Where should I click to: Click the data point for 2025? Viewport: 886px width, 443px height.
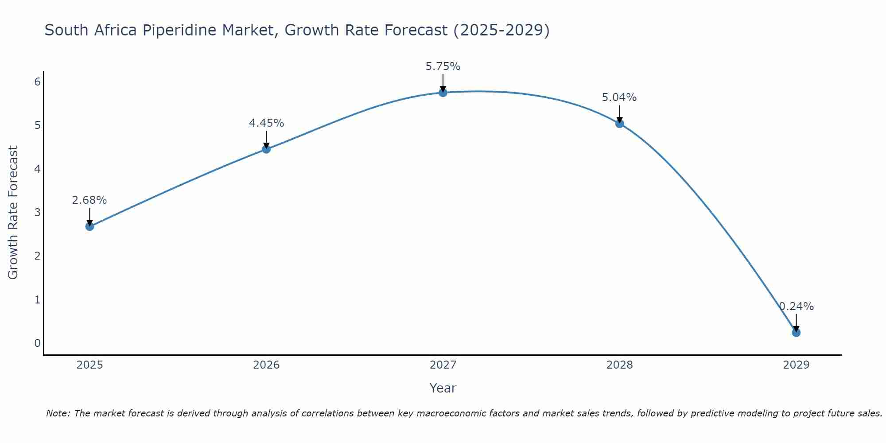pyautogui.click(x=89, y=226)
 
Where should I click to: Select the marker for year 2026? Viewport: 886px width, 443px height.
pyautogui.click(x=266, y=149)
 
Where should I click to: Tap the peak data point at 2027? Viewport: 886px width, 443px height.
pyautogui.click(x=443, y=93)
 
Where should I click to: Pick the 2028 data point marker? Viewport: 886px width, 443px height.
pyautogui.click(x=619, y=124)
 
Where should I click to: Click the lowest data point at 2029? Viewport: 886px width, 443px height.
pyautogui.click(x=796, y=333)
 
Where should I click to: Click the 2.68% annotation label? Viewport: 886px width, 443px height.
pyautogui.click(x=89, y=200)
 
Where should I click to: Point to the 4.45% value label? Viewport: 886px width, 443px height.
pyautogui.click(x=266, y=123)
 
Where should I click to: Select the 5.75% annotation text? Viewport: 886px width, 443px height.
pyautogui.click(x=443, y=66)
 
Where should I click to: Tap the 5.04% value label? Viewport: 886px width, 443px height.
pyautogui.click(x=619, y=97)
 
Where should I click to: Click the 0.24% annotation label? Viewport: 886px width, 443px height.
pyautogui.click(x=797, y=307)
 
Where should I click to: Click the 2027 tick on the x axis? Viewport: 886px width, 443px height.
pyautogui.click(x=443, y=365)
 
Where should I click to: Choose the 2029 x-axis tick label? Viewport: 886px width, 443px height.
pyautogui.click(x=796, y=365)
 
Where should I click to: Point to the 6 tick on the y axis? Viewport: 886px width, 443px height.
pyautogui.click(x=38, y=82)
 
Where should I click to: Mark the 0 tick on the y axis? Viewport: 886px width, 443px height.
pyautogui.click(x=38, y=343)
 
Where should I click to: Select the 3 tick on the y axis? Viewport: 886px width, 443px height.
pyautogui.click(x=38, y=213)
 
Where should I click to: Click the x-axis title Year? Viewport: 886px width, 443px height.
pyautogui.click(x=443, y=388)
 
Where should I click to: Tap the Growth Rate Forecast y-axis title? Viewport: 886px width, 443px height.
pyautogui.click(x=13, y=213)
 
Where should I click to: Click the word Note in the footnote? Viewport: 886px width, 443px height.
pyautogui.click(x=57, y=413)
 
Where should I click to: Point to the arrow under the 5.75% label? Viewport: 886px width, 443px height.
pyautogui.click(x=443, y=82)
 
